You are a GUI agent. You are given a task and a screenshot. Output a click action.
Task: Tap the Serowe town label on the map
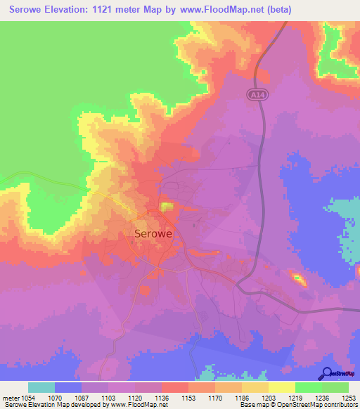click(x=154, y=233)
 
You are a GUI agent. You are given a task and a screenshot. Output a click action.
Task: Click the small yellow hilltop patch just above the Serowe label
click(x=167, y=207)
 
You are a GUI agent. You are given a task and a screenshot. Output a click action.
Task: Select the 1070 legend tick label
click(x=55, y=398)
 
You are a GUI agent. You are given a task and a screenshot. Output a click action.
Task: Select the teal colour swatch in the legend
click(x=41, y=387)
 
